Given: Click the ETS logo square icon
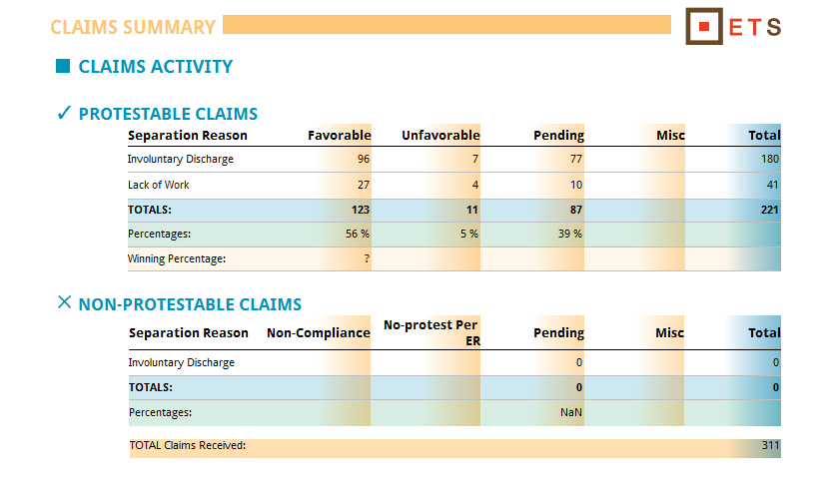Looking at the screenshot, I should (x=704, y=27).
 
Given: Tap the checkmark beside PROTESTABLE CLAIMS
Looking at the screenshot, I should (x=64, y=113).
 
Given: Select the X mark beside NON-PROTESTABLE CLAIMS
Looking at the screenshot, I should (x=65, y=302).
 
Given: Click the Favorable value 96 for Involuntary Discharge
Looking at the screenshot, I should (x=363, y=159).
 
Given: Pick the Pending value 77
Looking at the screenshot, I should (x=575, y=159).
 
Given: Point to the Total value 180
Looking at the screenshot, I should (x=769, y=159).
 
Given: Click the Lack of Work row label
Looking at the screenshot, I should (x=158, y=185).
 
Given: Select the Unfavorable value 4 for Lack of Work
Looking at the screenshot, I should (x=474, y=185).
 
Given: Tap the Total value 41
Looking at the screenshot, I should (x=772, y=185).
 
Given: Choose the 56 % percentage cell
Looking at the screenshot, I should (x=358, y=234).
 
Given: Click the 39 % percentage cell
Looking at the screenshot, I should (x=569, y=234).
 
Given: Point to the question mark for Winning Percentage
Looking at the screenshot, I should (x=367, y=258).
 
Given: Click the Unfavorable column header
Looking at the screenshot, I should (x=440, y=135).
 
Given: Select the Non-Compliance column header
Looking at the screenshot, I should (x=318, y=332).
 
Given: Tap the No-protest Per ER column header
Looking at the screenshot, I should (x=430, y=331).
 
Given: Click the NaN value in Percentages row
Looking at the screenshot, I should (x=571, y=411).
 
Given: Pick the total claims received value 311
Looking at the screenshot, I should (x=770, y=445).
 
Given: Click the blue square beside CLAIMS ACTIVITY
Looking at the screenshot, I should (x=63, y=67).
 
